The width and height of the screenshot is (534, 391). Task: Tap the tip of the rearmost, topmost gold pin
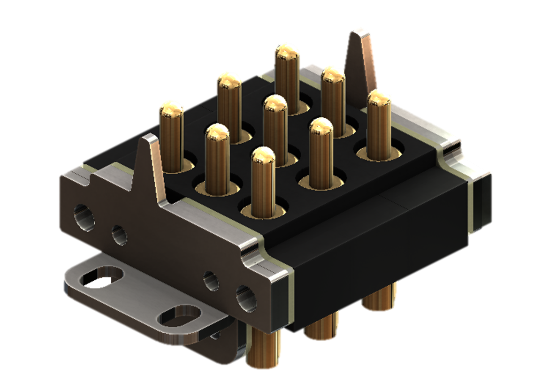point(287,51)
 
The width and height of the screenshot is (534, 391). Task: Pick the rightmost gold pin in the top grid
point(379,124)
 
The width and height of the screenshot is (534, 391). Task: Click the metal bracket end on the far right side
point(481,202)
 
